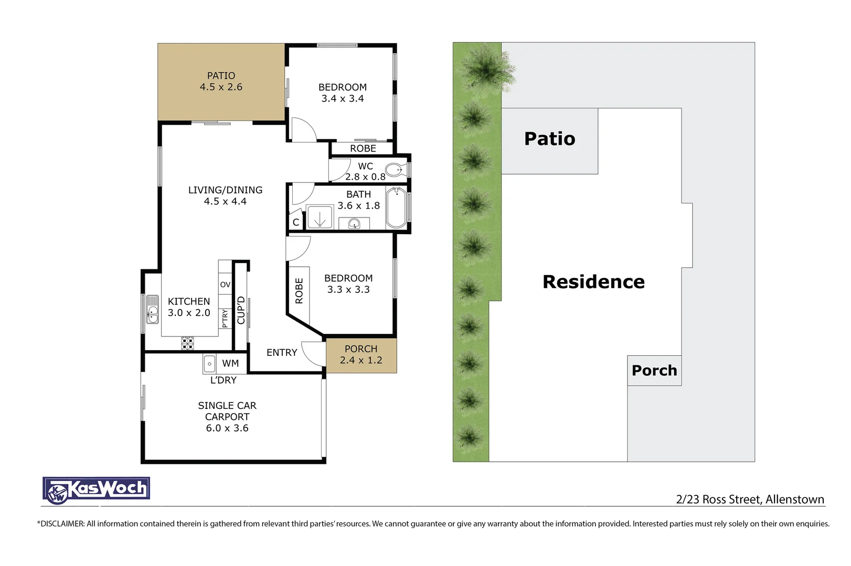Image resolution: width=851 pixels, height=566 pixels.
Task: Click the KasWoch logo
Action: pos(97,490)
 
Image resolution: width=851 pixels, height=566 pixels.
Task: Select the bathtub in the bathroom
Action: pos(397,208)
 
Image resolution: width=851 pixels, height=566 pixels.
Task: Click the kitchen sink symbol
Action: pos(152,309)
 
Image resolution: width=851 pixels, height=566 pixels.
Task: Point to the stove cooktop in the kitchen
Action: pos(188,343)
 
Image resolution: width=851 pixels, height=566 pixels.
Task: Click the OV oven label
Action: pos(225,285)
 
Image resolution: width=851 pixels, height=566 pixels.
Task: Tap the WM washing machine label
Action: pos(230,363)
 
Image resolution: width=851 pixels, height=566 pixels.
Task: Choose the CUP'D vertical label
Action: pos(241,310)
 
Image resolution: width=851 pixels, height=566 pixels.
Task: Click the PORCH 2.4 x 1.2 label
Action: pos(361,355)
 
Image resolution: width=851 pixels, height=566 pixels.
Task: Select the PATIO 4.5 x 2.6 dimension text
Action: pos(221,87)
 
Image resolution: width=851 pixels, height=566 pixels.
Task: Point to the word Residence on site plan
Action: pos(593,282)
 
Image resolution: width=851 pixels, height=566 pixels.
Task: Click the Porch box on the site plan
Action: pos(654,371)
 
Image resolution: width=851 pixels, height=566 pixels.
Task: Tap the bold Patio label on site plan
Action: pos(550,139)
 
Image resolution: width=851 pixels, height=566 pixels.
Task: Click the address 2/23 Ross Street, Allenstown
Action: pos(750,499)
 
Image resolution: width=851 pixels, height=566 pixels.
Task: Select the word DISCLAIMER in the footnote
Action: pos(62,524)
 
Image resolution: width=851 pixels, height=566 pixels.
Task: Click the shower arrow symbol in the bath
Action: pos(320,217)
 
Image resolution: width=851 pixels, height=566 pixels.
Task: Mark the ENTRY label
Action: pos(282,353)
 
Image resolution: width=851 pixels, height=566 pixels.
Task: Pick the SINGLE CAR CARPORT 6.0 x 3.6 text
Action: pos(227,417)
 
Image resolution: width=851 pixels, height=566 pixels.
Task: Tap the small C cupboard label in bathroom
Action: pos(296,222)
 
